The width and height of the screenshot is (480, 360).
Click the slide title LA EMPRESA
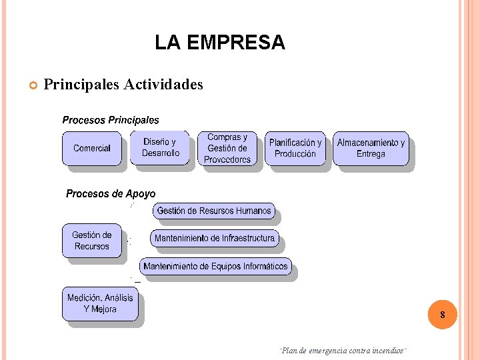click(x=219, y=43)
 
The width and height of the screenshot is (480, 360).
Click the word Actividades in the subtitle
click(x=163, y=85)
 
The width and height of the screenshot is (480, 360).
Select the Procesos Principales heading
click(x=111, y=121)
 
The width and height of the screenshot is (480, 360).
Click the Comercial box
click(x=92, y=148)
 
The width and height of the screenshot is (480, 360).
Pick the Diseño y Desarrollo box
click(x=161, y=147)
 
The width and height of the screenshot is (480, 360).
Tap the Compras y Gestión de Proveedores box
click(x=227, y=148)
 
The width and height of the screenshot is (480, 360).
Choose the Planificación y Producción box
click(x=295, y=148)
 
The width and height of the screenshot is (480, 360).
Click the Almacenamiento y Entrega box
click(x=371, y=148)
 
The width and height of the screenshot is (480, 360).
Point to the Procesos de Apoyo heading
click(x=111, y=194)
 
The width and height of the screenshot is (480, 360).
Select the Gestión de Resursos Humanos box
click(x=214, y=211)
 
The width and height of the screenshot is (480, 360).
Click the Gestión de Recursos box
click(x=92, y=241)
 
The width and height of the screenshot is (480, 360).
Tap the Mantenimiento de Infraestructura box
click(x=215, y=238)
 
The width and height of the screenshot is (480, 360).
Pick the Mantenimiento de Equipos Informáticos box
click(x=215, y=267)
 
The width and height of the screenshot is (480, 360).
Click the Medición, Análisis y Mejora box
click(x=100, y=303)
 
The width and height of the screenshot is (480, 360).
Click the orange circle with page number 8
click(x=442, y=315)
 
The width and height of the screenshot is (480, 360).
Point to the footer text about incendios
click(x=344, y=351)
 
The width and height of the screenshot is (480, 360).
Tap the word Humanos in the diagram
click(x=253, y=211)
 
